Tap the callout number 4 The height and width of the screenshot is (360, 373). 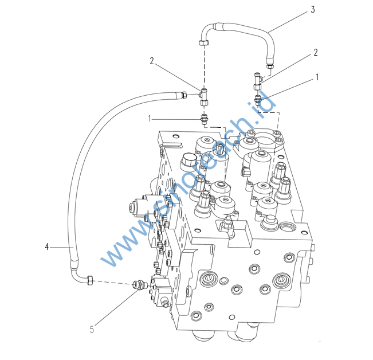[x=46, y=247]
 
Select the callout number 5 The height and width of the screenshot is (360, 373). [x=92, y=328]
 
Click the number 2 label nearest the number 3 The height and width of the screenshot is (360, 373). [x=315, y=53]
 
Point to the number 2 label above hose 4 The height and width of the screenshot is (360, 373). [x=152, y=60]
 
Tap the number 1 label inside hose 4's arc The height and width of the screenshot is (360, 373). [x=150, y=118]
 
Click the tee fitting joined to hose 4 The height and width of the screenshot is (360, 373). [x=203, y=95]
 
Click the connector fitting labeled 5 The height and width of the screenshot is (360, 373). [x=138, y=284]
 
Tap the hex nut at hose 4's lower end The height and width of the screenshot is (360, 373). [x=90, y=280]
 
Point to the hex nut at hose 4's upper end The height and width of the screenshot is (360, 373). [x=186, y=95]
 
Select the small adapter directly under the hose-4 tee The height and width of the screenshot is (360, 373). [x=203, y=120]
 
